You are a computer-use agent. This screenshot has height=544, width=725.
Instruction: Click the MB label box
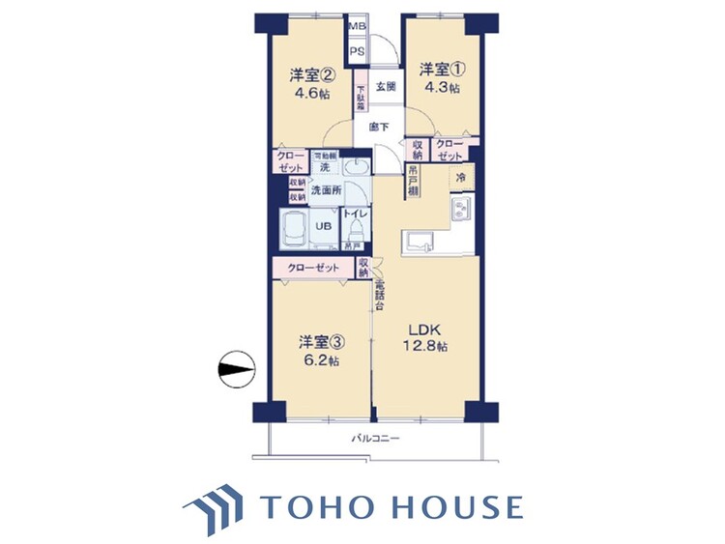click(357, 26)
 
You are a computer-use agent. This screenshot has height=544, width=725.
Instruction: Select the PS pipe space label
click(357, 52)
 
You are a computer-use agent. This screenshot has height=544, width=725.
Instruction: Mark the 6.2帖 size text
click(319, 360)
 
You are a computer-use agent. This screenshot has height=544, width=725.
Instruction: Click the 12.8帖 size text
click(425, 346)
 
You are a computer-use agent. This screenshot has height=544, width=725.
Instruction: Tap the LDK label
click(425, 328)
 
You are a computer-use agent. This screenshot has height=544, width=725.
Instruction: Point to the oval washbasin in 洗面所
click(356, 167)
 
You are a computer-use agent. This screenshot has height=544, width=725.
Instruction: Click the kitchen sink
click(421, 241)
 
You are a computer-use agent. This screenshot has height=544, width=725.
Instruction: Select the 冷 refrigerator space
click(462, 177)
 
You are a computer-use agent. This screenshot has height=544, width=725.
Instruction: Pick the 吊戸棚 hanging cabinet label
click(413, 181)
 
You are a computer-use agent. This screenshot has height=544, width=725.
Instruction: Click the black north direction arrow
click(235, 367)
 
